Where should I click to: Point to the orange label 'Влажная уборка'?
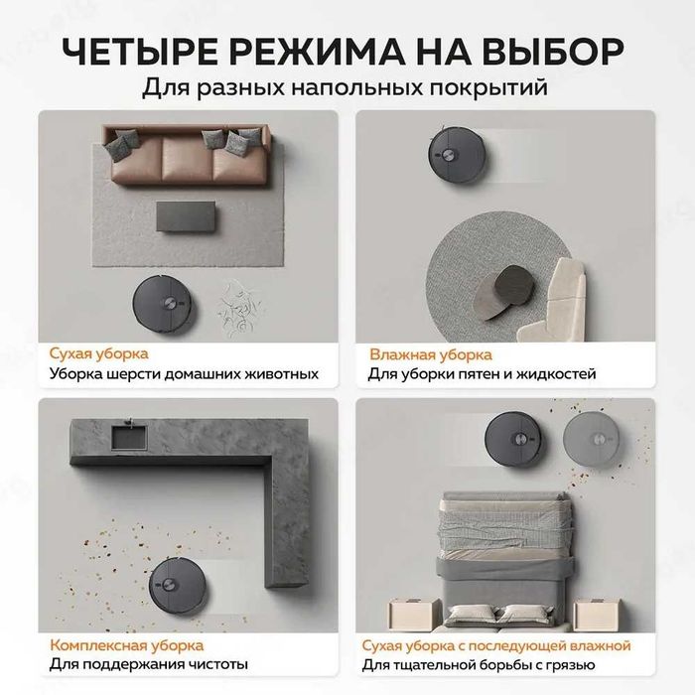(x=430, y=353)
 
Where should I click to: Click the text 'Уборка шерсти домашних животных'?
(x=184, y=374)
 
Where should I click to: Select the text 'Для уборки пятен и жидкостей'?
(x=483, y=374)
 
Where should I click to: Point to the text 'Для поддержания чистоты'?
(x=148, y=665)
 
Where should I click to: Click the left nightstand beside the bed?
(x=411, y=613)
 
